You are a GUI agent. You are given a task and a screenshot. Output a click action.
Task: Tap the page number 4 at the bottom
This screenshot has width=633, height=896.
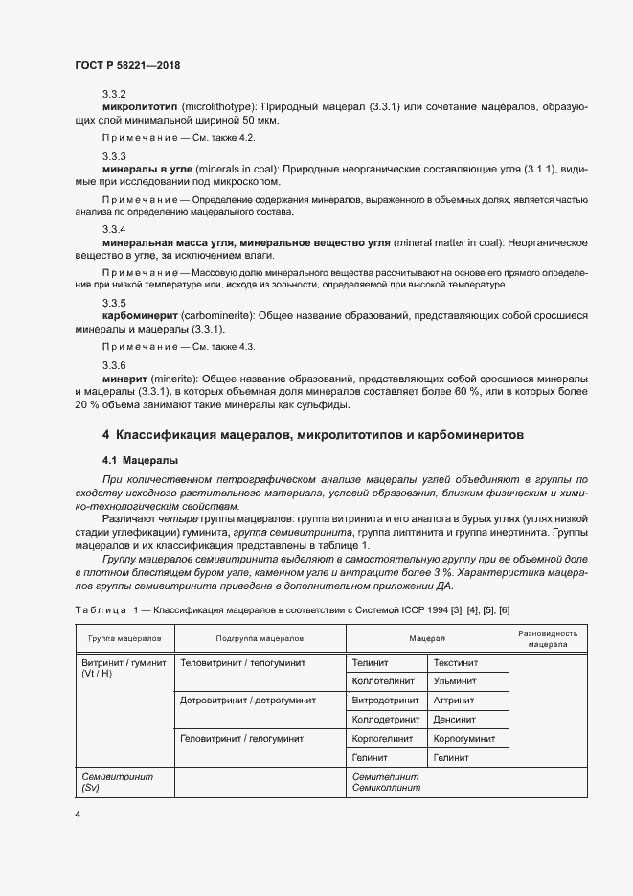point(78,814)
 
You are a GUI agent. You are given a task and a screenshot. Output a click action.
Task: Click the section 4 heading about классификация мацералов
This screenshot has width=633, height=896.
point(313,434)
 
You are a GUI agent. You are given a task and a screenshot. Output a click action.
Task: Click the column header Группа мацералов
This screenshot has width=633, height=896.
point(124,637)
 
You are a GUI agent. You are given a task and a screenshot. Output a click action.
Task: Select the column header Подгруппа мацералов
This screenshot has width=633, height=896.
point(260,637)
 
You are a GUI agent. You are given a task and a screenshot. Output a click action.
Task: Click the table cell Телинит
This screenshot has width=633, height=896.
point(370,662)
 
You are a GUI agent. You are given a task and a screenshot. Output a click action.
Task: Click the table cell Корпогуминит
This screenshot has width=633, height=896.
point(463,739)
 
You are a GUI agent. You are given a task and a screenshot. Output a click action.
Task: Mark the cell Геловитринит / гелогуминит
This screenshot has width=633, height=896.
point(241,739)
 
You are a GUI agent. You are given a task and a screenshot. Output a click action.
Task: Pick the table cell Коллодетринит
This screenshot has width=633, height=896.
point(386,720)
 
